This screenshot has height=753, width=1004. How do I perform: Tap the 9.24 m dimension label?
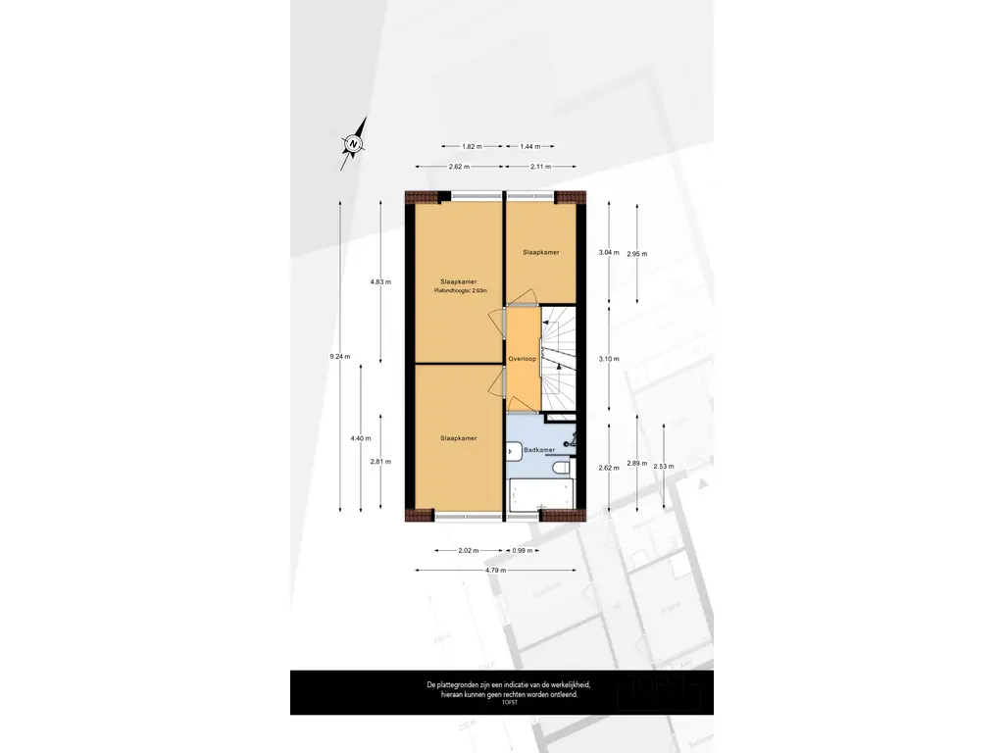340,356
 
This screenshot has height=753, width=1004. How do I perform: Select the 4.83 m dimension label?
380,282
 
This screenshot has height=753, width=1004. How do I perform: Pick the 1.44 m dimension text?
530,146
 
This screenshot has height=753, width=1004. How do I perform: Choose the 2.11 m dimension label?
540,166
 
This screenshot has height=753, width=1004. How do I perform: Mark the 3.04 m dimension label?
609,252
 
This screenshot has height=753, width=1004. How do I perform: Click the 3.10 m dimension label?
609,359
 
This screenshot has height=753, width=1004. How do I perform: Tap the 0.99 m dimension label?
523,550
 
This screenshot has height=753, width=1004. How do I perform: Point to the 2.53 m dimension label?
664,467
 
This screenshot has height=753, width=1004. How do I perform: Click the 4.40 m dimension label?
360,438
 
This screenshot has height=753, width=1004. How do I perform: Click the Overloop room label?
522,359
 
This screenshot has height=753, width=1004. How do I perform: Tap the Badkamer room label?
539,449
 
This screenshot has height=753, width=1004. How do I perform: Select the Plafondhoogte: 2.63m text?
460,290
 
